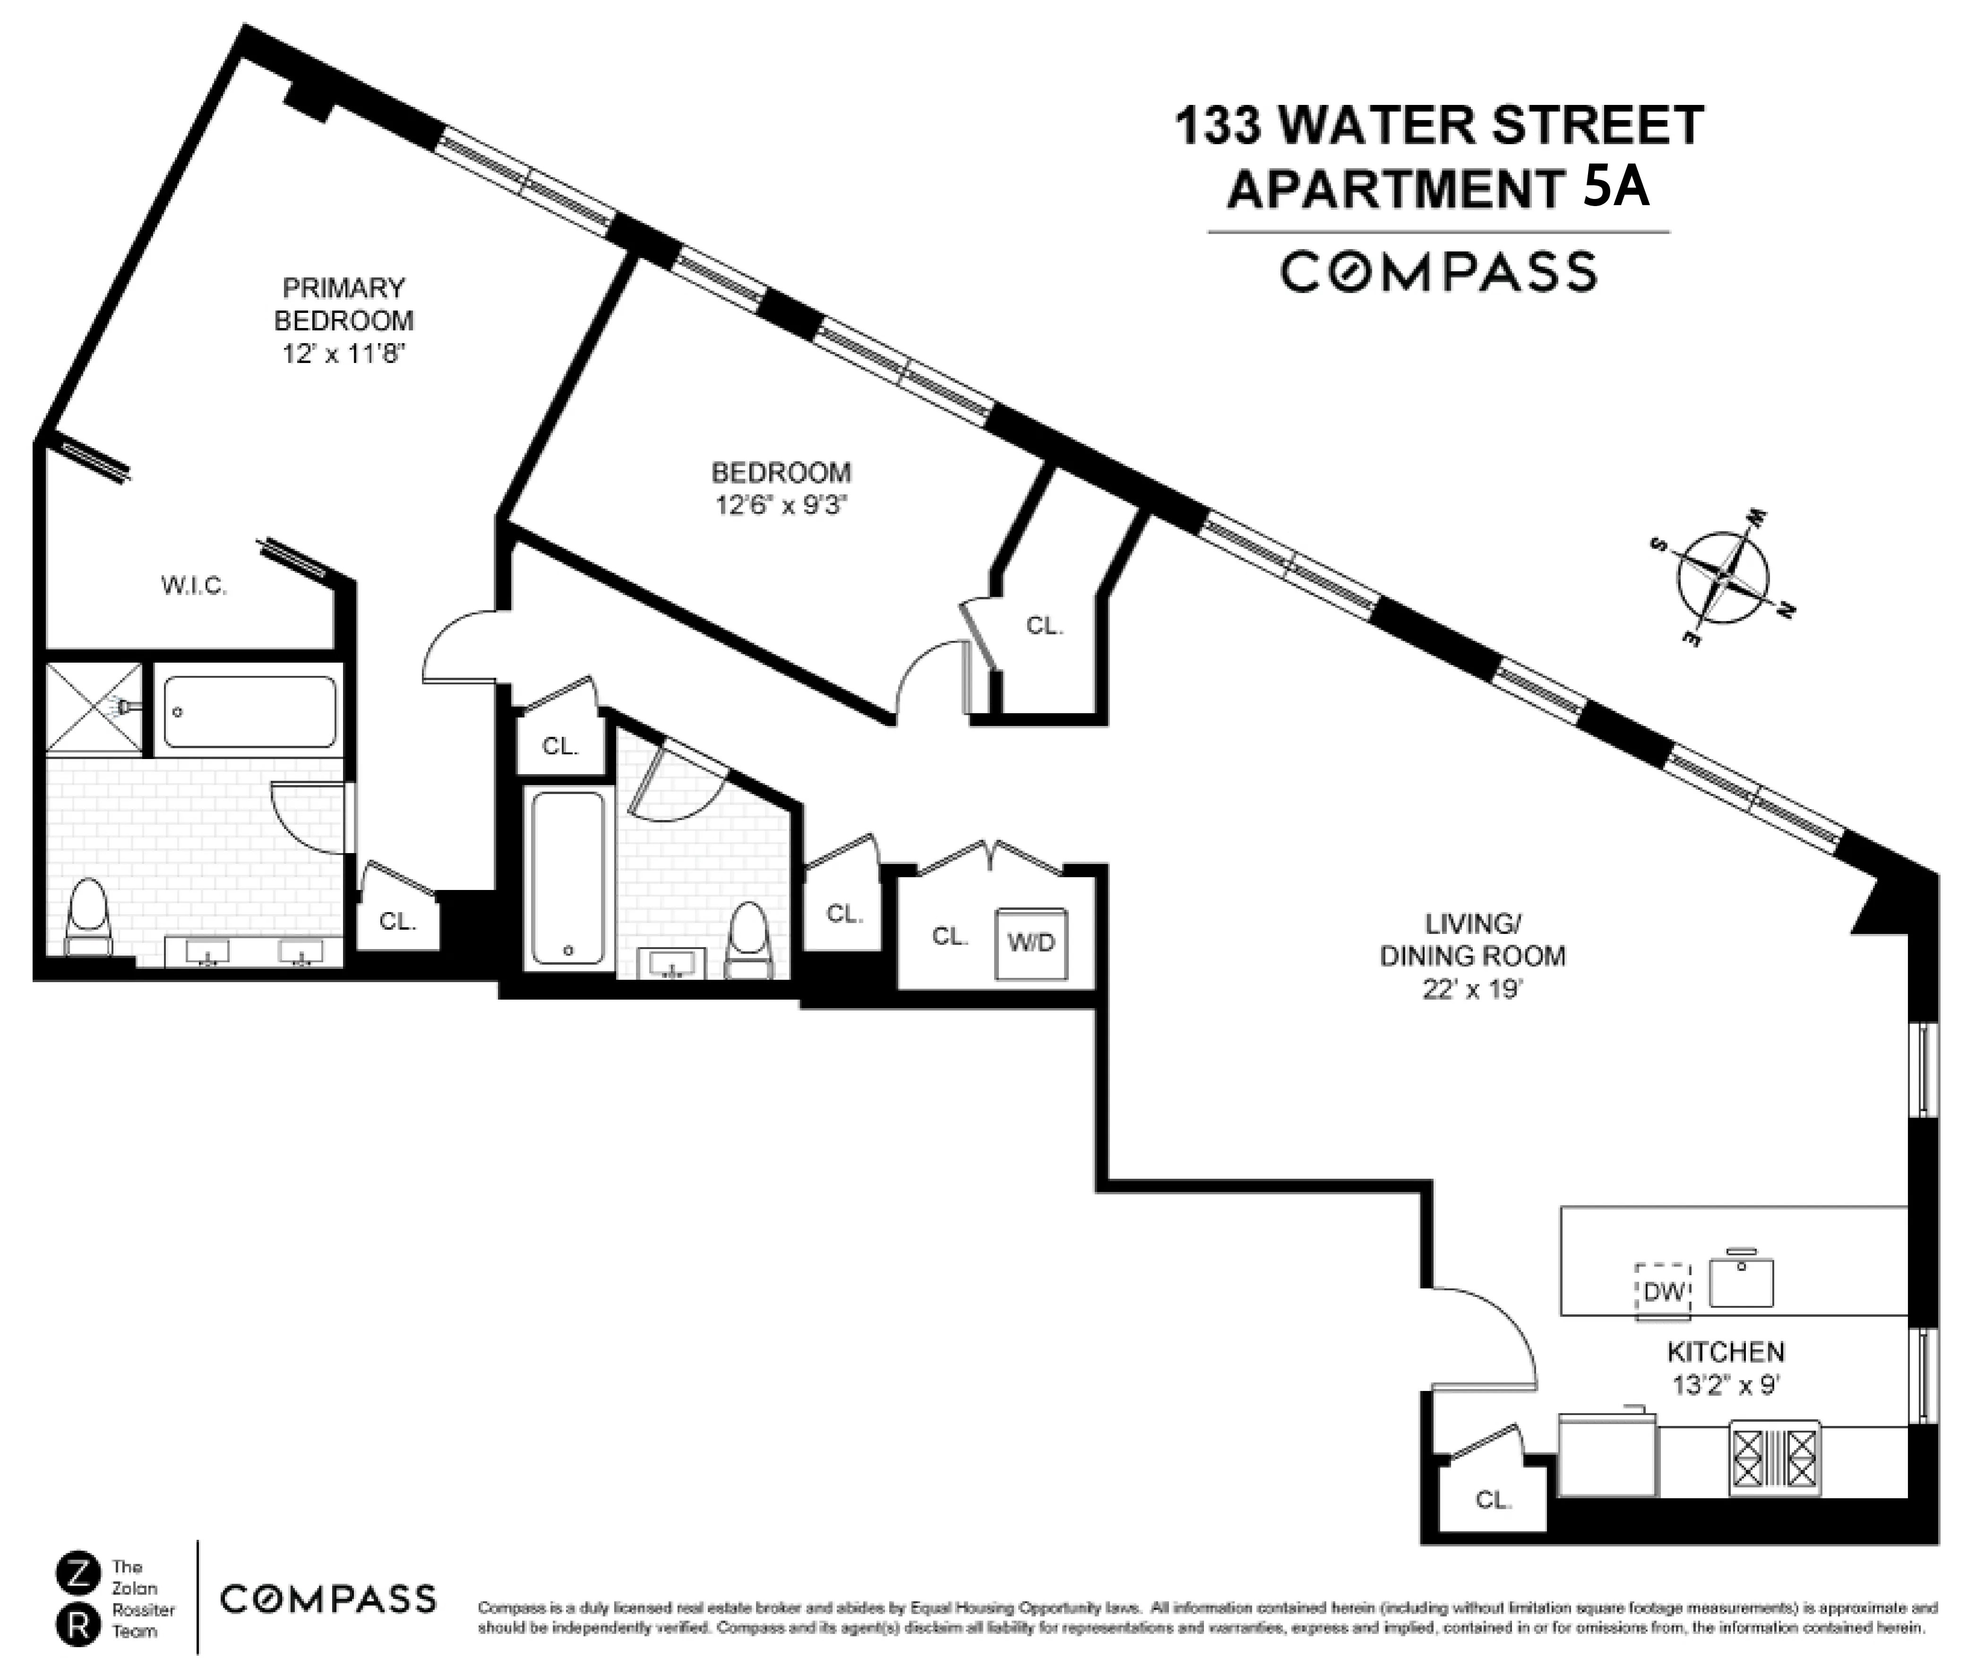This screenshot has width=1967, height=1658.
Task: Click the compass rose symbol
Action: [x=1723, y=575]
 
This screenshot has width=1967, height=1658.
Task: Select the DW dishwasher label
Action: [x=1664, y=1291]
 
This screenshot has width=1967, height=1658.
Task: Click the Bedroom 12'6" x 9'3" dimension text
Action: [x=781, y=505]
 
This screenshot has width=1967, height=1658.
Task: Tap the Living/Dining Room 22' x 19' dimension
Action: [x=1472, y=990]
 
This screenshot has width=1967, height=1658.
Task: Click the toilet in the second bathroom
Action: [x=749, y=935]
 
